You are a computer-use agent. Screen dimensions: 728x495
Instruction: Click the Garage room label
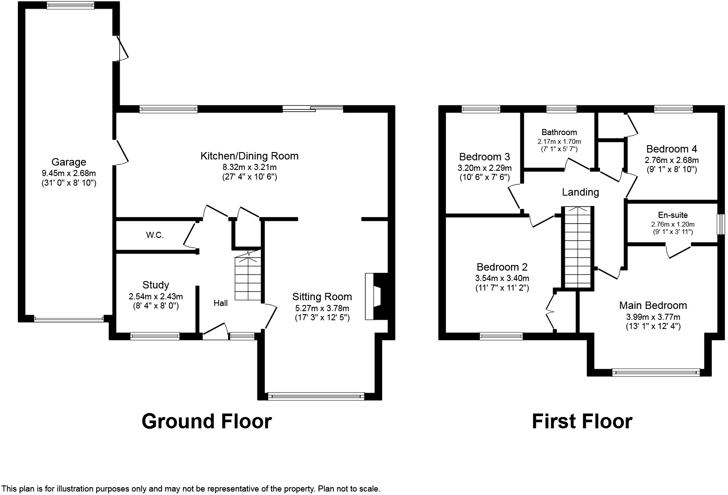(x=68, y=162)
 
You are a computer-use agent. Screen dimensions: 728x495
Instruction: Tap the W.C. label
(x=155, y=235)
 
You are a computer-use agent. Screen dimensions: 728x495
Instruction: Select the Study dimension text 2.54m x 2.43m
(x=156, y=297)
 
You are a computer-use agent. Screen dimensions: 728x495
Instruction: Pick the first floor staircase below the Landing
(x=577, y=247)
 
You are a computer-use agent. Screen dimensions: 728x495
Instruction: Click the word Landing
(x=580, y=192)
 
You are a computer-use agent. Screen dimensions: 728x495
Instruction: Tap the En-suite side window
(x=721, y=224)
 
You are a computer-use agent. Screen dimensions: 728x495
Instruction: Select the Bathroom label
(x=559, y=132)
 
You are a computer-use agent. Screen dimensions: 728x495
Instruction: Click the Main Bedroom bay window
(x=656, y=373)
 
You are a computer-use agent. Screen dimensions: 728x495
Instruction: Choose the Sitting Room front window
(x=316, y=396)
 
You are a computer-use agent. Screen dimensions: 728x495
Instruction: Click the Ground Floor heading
(x=207, y=421)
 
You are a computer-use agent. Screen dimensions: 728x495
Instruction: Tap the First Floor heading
(x=582, y=421)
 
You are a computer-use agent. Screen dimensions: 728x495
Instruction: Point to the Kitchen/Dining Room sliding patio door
(x=313, y=109)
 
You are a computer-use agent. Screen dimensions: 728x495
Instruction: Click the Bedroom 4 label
(x=671, y=149)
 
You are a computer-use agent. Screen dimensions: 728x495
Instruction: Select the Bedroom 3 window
(x=481, y=109)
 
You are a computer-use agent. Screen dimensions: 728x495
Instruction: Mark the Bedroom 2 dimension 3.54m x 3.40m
(x=502, y=278)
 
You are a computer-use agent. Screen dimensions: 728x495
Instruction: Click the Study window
(x=155, y=336)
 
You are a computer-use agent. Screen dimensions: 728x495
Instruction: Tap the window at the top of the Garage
(x=71, y=5)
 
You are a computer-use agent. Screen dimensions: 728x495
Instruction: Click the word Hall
(x=221, y=303)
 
